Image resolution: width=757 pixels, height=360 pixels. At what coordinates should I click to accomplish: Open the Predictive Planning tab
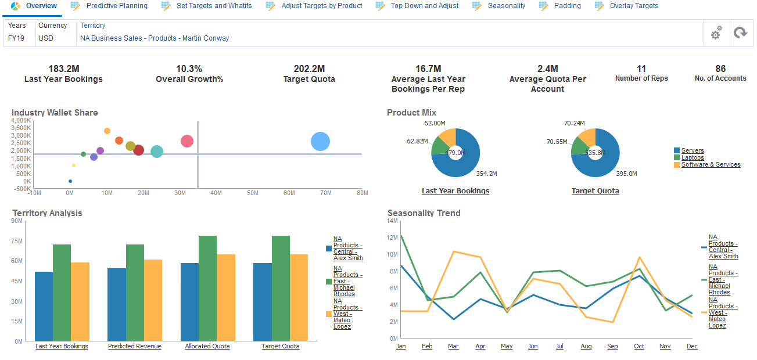116,6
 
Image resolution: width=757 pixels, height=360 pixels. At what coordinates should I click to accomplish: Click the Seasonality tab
506,6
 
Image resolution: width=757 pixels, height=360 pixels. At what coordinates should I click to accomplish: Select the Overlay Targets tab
634,6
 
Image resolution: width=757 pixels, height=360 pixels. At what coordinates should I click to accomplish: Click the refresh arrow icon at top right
740,33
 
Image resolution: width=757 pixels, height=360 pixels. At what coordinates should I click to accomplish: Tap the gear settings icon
716,33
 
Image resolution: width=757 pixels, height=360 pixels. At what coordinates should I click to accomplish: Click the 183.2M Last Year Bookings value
63,69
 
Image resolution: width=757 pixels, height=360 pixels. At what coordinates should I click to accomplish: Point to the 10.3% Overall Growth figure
189,69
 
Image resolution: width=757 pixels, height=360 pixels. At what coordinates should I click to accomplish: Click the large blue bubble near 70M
320,141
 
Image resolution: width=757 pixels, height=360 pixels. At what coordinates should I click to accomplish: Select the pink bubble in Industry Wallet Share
186,141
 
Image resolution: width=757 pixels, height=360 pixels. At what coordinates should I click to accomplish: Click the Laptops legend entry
693,158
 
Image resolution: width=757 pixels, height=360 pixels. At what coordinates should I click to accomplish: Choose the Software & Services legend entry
711,165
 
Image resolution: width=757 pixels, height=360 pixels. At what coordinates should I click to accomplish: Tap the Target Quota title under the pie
595,191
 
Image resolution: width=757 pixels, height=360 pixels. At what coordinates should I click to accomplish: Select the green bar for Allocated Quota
207,288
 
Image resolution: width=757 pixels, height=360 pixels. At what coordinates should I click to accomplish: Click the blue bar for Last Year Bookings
44,306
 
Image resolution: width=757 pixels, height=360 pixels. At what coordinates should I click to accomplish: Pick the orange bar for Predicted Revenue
153,300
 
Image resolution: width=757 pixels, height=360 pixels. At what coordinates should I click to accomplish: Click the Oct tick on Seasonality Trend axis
639,347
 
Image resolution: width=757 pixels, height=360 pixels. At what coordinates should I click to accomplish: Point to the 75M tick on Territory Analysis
17,242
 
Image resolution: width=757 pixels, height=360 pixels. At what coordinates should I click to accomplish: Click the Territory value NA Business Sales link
155,38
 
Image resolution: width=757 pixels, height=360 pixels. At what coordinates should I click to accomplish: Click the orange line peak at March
453,251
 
